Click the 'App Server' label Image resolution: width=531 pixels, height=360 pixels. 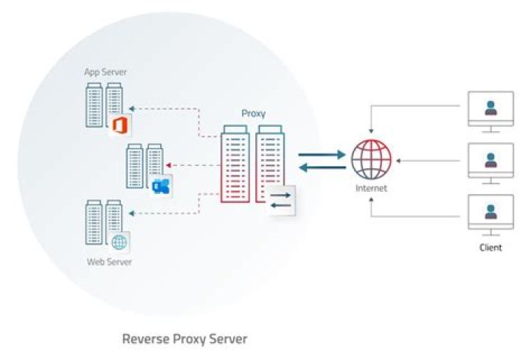(x=105, y=72)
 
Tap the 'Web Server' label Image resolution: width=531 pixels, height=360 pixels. (x=104, y=262)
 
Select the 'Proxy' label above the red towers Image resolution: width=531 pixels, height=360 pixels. (x=253, y=114)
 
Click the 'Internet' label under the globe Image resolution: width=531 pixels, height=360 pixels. (x=371, y=189)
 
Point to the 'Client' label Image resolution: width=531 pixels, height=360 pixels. (x=490, y=247)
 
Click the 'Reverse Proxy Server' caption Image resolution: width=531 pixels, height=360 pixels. (x=184, y=339)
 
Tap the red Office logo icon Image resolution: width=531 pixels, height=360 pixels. (x=119, y=125)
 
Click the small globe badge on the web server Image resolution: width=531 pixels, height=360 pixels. (x=119, y=241)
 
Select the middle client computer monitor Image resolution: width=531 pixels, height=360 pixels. (x=490, y=162)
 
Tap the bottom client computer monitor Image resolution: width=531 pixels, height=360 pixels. (x=490, y=212)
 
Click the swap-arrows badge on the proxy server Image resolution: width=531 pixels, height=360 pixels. (x=281, y=200)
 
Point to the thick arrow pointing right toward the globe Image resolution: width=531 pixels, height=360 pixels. (x=322, y=155)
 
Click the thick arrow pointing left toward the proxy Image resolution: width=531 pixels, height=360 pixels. (x=322, y=167)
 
